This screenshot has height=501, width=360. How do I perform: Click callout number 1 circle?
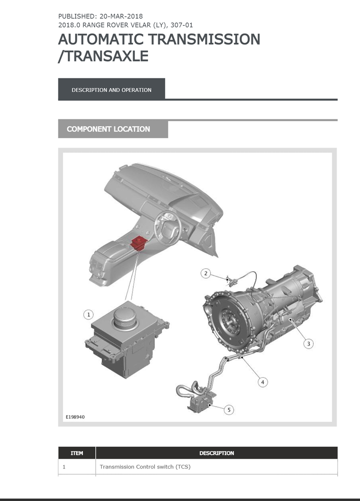(89, 315)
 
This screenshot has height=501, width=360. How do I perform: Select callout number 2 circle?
(206, 273)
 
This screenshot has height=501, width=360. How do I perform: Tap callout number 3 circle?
(308, 344)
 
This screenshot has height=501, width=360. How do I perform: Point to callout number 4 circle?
(263, 382)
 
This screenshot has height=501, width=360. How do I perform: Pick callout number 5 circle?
(229, 409)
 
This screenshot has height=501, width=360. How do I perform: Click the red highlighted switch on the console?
(138, 243)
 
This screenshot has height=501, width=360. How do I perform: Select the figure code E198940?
(75, 417)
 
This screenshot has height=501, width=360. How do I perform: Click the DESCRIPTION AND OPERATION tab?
(112, 90)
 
